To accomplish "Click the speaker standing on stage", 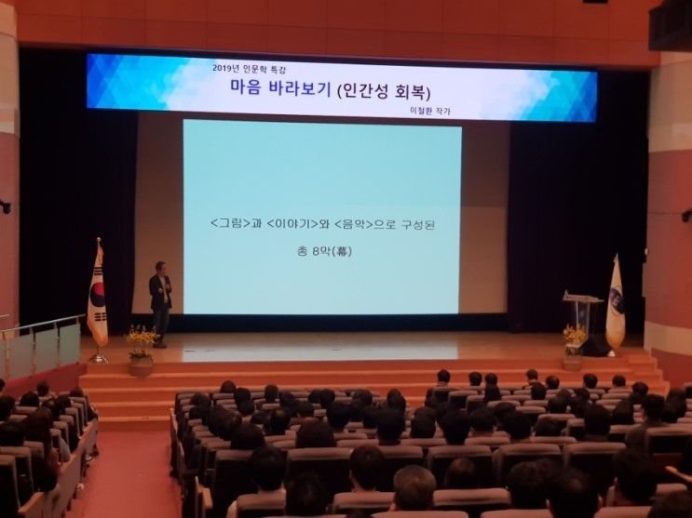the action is click(160, 304).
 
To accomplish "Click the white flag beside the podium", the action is click(616, 303).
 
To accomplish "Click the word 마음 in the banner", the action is click(245, 86).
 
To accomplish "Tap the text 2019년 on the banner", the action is click(225, 68).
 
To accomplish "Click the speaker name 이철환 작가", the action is click(430, 111).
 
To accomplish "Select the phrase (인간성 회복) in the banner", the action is click(384, 91).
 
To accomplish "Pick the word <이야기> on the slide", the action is click(292, 224).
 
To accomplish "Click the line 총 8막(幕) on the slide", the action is click(324, 252).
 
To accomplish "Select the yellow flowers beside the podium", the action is click(574, 339).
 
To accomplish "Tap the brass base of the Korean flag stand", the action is click(99, 358).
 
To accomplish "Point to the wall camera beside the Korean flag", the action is click(6, 206).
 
